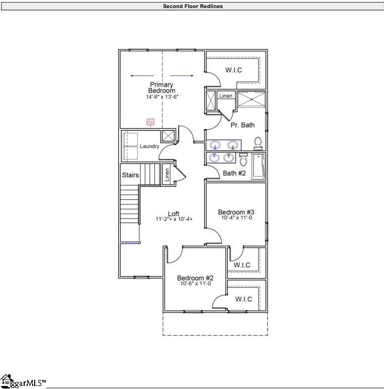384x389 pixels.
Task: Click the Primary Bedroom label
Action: click(161, 88)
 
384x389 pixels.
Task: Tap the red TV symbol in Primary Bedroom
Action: click(150, 122)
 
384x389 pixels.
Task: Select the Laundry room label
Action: click(149, 146)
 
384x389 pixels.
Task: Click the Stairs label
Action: click(130, 176)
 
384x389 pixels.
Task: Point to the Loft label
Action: click(173, 214)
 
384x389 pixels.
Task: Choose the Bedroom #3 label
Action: click(236, 212)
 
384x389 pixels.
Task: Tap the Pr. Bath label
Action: click(243, 125)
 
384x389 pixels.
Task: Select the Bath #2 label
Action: click(234, 173)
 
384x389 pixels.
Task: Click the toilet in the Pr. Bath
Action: click(258, 143)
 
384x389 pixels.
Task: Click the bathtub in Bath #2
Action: click(259, 167)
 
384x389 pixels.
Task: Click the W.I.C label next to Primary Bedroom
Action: click(234, 70)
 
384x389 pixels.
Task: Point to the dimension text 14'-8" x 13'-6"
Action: click(162, 97)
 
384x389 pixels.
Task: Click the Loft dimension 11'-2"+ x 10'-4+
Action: click(174, 219)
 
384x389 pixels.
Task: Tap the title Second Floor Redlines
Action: click(192, 7)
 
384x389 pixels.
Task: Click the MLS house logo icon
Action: click(6, 381)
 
